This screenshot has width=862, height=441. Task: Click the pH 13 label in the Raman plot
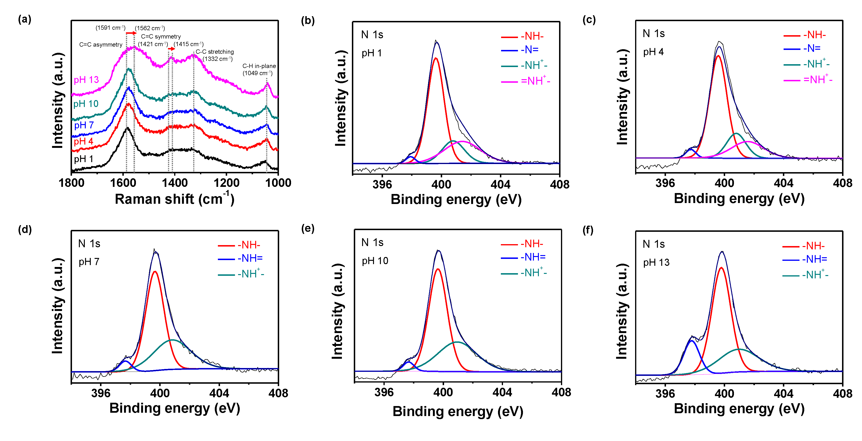pyautogui.click(x=86, y=80)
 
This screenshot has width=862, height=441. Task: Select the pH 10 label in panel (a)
pyautogui.click(x=86, y=104)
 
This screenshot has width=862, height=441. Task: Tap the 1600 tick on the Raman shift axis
pyautogui.click(x=123, y=183)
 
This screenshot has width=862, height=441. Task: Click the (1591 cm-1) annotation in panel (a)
pyautogui.click(x=110, y=28)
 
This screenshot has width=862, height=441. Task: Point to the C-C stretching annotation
pyautogui.click(x=215, y=52)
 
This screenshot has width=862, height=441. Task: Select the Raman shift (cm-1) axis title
pyautogui.click(x=174, y=199)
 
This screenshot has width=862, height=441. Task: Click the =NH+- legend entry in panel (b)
pyautogui.click(x=535, y=81)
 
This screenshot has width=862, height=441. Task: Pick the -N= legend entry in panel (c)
pyautogui.click(x=811, y=48)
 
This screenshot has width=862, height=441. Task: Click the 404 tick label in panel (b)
pyautogui.click(x=500, y=184)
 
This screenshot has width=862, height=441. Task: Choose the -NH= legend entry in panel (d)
pyautogui.click(x=250, y=258)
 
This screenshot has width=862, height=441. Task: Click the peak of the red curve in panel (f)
pyautogui.click(x=721, y=267)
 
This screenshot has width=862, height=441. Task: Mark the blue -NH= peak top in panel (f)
pyautogui.click(x=691, y=341)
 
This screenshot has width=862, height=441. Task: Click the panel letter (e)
pyautogui.click(x=307, y=229)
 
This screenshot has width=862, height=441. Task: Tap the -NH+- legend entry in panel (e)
pyautogui.click(x=533, y=273)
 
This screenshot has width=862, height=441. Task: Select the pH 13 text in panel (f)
pyautogui.click(x=656, y=262)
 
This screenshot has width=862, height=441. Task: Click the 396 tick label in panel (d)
pyautogui.click(x=101, y=393)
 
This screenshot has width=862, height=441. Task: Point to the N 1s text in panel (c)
pyautogui.click(x=654, y=34)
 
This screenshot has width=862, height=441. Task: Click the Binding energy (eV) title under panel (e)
pyautogui.click(x=458, y=411)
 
